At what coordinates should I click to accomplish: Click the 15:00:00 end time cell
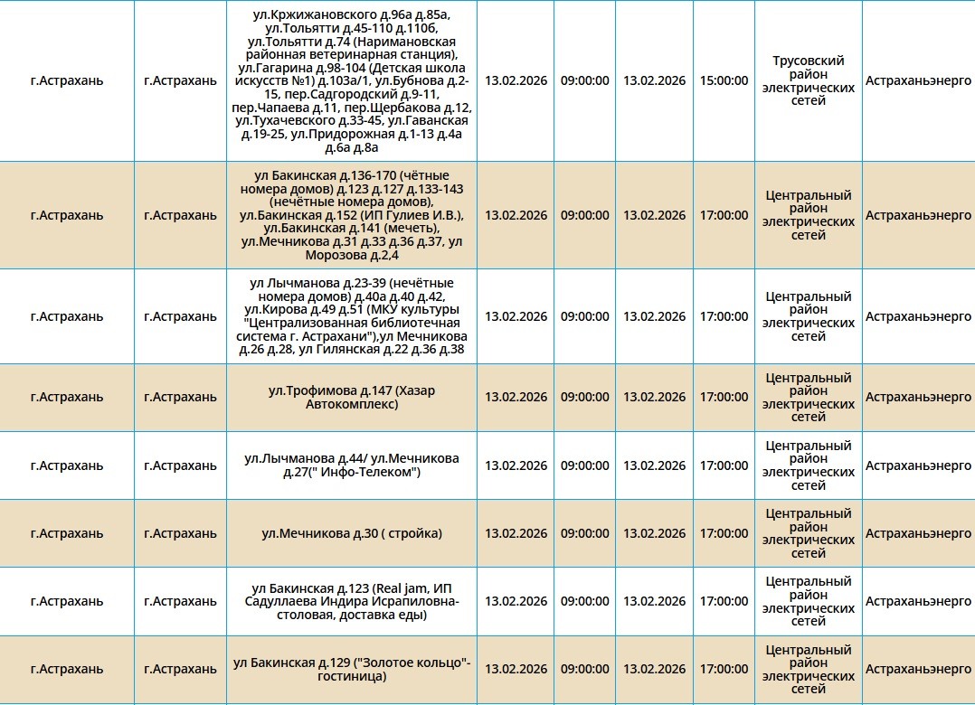point(724,80)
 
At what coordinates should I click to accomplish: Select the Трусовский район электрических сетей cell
point(808,80)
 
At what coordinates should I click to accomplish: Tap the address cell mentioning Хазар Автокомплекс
point(352,397)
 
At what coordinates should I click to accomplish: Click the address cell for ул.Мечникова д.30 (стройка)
point(352,533)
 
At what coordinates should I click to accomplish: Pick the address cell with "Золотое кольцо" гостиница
point(352,669)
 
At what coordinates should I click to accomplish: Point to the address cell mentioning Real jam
point(352,601)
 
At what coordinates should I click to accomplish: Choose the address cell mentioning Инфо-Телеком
point(352,465)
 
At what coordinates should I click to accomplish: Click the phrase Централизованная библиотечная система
point(353,323)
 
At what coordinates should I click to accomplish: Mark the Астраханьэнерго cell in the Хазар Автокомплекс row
point(918,397)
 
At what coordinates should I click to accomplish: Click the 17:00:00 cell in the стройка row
point(724,533)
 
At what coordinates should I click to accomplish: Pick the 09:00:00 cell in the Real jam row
point(584,601)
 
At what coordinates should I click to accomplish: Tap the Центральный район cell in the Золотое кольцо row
point(808,669)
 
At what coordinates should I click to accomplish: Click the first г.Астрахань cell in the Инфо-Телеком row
point(67,465)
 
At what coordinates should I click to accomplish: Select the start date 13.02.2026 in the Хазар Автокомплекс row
point(516,397)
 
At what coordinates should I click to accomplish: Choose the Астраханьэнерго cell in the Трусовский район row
point(918,80)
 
